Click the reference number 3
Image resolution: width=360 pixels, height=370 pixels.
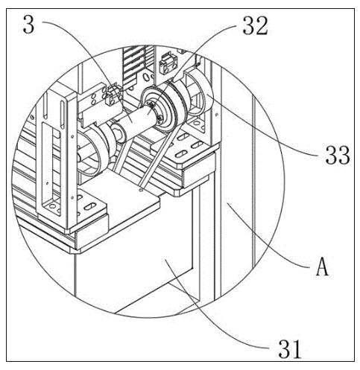click(28, 24)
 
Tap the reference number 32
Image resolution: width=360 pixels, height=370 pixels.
click(255, 26)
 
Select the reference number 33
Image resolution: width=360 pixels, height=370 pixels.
click(338, 156)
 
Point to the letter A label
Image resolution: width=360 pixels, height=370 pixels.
click(322, 267)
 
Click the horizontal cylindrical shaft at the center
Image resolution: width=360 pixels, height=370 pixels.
click(134, 118)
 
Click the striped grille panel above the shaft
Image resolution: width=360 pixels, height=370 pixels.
click(136, 65)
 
